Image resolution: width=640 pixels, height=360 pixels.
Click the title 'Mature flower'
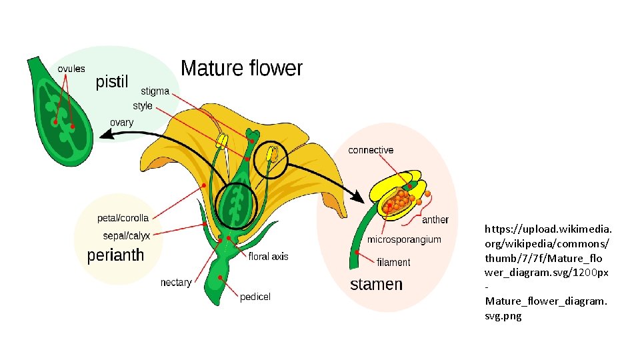click(241, 69)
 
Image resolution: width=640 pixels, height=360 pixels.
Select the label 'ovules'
click(71, 69)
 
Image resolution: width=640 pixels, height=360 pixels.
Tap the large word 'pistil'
click(112, 83)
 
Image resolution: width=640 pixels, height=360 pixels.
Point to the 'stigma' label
click(155, 91)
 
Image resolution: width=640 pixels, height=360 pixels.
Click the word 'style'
click(143, 106)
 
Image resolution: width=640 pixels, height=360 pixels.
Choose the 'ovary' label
click(121, 123)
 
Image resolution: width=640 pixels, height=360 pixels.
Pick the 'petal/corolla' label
click(123, 218)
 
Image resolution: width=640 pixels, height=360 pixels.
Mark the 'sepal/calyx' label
click(127, 235)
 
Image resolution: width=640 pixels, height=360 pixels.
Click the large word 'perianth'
click(115, 255)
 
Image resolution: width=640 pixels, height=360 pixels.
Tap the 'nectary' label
click(176, 283)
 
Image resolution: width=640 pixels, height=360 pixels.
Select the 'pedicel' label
click(255, 297)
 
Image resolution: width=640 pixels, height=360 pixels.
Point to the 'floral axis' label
click(269, 256)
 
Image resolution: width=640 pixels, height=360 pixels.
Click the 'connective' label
click(371, 151)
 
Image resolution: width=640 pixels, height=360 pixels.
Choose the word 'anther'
click(435, 219)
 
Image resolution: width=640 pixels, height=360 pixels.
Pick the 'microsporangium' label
click(404, 239)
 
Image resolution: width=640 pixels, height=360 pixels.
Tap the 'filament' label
click(393, 262)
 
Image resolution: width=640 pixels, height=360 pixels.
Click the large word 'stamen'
click(376, 285)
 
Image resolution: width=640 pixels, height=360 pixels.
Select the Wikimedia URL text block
click(547, 272)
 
